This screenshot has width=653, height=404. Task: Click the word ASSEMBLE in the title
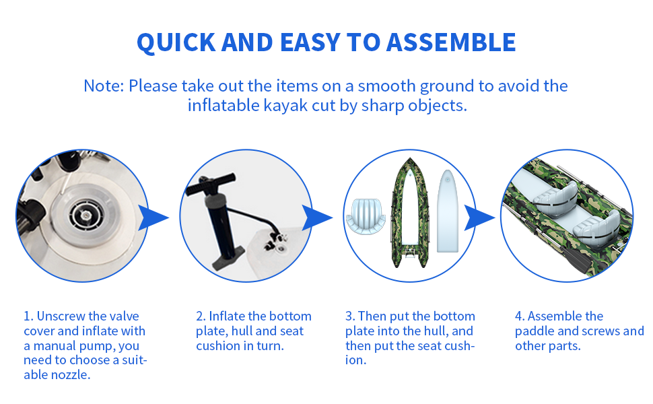click(451, 42)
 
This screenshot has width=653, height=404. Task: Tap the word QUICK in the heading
click(176, 43)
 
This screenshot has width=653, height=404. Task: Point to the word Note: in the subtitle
click(104, 86)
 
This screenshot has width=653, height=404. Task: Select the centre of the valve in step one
click(85, 215)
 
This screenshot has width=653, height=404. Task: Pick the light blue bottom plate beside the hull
click(447, 211)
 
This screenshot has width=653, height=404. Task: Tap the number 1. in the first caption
click(28, 316)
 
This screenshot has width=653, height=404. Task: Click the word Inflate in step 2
click(228, 316)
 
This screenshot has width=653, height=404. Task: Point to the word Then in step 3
click(372, 316)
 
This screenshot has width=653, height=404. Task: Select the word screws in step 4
click(594, 331)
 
